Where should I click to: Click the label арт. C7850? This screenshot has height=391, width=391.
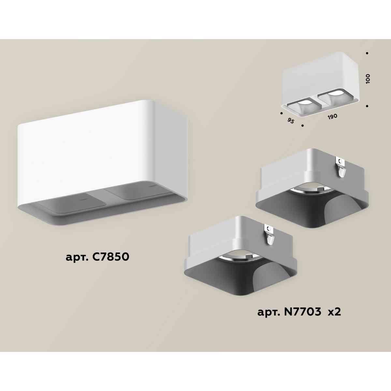[97, 257]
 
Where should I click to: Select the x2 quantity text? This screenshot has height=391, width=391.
[334, 312]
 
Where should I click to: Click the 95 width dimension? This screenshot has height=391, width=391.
[291, 121]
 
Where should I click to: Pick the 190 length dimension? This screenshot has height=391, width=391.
[332, 116]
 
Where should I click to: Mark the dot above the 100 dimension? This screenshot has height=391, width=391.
[367, 53]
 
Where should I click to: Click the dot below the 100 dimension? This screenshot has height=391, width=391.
[367, 106]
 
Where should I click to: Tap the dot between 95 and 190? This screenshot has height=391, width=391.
[303, 125]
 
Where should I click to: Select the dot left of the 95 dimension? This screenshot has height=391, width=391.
[281, 113]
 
